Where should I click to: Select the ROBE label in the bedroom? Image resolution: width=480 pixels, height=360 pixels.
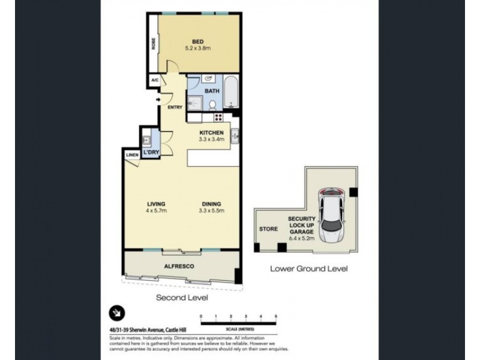154,44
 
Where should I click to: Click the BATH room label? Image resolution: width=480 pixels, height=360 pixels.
212,91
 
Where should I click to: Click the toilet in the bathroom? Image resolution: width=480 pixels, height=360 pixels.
212,105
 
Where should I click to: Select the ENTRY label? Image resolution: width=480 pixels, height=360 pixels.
175,108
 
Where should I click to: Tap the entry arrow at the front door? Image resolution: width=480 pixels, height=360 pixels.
158,100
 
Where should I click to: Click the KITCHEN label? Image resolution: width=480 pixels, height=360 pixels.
212,133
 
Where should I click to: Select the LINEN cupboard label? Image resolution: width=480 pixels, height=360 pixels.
133,155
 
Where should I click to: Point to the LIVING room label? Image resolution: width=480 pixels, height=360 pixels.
156,203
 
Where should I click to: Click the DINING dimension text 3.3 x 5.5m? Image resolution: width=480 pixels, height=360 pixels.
212,211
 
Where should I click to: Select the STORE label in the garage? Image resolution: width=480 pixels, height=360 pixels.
268,229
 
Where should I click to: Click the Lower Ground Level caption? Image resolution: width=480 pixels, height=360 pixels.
308,269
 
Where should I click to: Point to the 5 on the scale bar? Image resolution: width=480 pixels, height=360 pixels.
275,316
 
